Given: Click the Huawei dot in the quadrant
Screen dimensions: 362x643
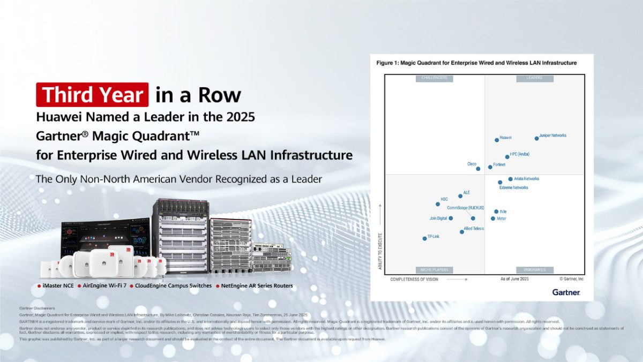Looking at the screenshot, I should click(x=496, y=140).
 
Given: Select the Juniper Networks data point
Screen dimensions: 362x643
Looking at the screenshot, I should click(x=536, y=138).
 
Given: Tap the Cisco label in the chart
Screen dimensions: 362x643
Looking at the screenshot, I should click(x=472, y=164).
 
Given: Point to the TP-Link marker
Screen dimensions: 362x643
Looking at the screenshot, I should click(x=425, y=238).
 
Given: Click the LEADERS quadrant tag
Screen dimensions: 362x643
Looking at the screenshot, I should click(x=534, y=78).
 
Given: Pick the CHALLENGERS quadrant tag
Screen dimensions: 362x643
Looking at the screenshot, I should click(x=435, y=78).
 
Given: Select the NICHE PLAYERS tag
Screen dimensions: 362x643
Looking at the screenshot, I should click(x=435, y=270).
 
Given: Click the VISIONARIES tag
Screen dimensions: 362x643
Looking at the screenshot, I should click(x=534, y=270).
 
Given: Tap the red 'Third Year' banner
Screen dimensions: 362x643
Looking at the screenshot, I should click(x=92, y=95).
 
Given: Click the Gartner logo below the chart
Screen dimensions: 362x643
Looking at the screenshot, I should click(x=566, y=292).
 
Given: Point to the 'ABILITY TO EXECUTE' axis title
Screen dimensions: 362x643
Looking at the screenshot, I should click(x=380, y=250).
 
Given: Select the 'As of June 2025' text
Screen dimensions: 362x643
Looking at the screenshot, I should click(x=514, y=279).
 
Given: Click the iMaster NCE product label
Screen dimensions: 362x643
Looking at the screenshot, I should click(x=57, y=286).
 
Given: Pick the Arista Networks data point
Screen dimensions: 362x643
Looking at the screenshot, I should click(x=510, y=179).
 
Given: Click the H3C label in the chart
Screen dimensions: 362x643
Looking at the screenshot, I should click(x=444, y=199).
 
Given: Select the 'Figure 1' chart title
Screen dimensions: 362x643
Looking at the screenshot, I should click(x=476, y=63).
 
